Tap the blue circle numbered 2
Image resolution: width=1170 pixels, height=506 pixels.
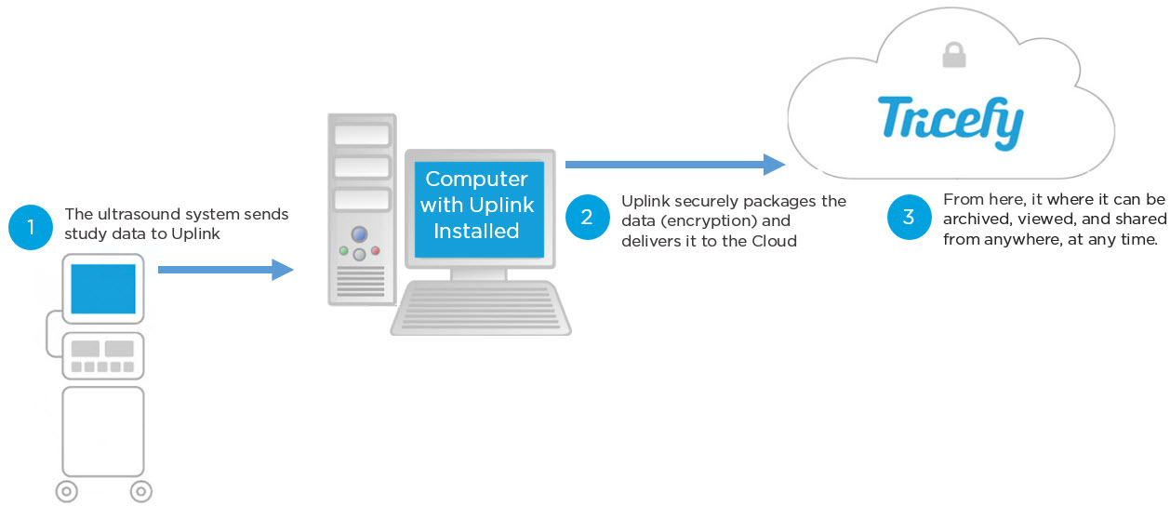tap(587, 217)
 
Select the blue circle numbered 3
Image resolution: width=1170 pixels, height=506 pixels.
tap(909, 217)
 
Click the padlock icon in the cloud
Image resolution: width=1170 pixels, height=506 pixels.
tap(953, 55)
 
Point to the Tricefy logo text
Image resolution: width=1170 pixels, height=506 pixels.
tap(951, 121)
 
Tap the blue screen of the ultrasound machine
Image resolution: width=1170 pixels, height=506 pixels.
tap(104, 288)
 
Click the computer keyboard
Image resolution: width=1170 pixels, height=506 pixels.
tap(480, 308)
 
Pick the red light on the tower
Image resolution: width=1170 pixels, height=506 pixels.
tap(376, 251)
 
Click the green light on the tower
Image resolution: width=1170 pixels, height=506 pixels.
tap(343, 251)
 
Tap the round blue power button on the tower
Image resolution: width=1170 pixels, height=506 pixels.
tap(359, 233)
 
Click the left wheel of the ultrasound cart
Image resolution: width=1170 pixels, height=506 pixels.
tap(66, 490)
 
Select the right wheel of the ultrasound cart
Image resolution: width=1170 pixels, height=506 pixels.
tap(140, 490)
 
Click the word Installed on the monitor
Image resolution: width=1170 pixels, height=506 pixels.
tap(476, 230)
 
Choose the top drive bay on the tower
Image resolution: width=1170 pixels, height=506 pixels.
tap(361, 136)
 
